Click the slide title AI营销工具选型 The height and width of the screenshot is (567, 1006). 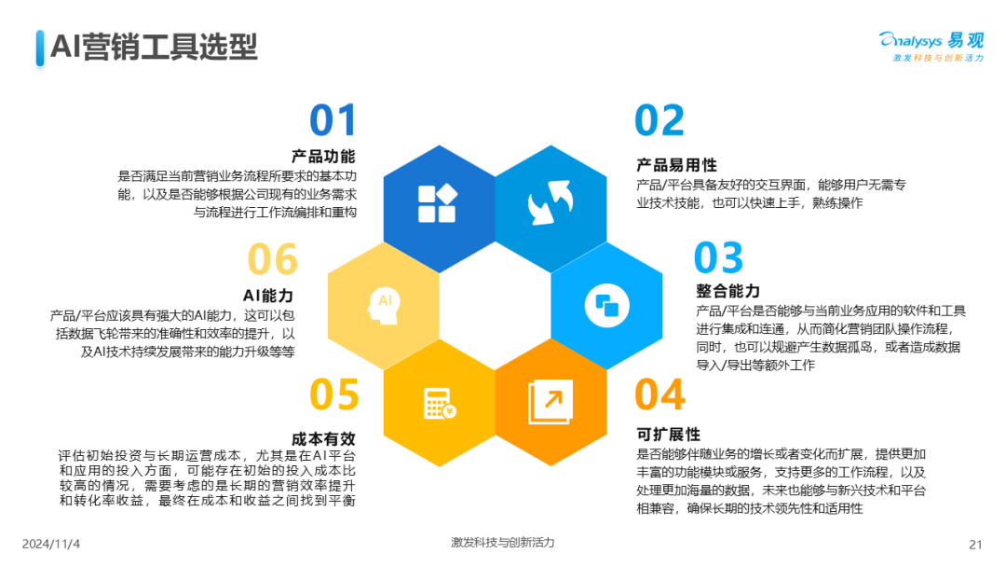click(x=154, y=47)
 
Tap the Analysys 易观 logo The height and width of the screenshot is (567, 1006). click(x=931, y=47)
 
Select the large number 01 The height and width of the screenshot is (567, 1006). click(x=333, y=120)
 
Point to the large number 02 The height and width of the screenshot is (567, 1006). click(x=659, y=120)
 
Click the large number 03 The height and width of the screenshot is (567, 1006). click(x=718, y=257)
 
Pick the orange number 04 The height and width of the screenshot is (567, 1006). click(x=660, y=394)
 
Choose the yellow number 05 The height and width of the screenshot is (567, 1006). click(x=334, y=394)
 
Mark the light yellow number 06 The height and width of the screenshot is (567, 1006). click(x=273, y=258)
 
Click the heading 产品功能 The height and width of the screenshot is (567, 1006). click(x=323, y=156)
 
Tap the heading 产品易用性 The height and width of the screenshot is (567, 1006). click(x=676, y=165)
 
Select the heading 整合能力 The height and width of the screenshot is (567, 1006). click(x=727, y=291)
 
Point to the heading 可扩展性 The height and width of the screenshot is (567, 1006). click(x=668, y=434)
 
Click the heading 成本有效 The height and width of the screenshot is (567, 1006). click(x=323, y=439)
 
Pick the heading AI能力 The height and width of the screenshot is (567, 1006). click(x=268, y=296)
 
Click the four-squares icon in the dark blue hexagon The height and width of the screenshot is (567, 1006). click(x=438, y=203)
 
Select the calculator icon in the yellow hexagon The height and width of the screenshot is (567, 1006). click(x=440, y=404)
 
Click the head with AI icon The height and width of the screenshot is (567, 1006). click(x=385, y=305)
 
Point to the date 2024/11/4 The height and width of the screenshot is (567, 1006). click(x=51, y=544)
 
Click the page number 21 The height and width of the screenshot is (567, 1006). click(x=975, y=545)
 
